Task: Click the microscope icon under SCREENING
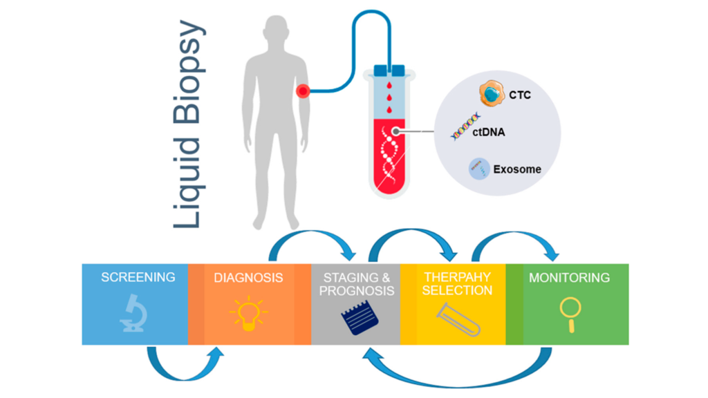pyautogui.click(x=134, y=313)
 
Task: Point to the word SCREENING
pyautogui.click(x=138, y=278)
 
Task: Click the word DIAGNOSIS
pyautogui.click(x=248, y=278)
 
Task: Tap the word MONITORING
pyautogui.click(x=569, y=278)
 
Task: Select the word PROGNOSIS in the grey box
pyautogui.click(x=355, y=291)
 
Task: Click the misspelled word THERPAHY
pyautogui.click(x=457, y=278)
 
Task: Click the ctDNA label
pyautogui.click(x=489, y=131)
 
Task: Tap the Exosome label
pyautogui.click(x=517, y=169)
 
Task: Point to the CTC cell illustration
pyautogui.click(x=492, y=93)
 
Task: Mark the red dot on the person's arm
pyautogui.click(x=302, y=91)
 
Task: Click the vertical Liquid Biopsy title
pyautogui.click(x=188, y=124)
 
